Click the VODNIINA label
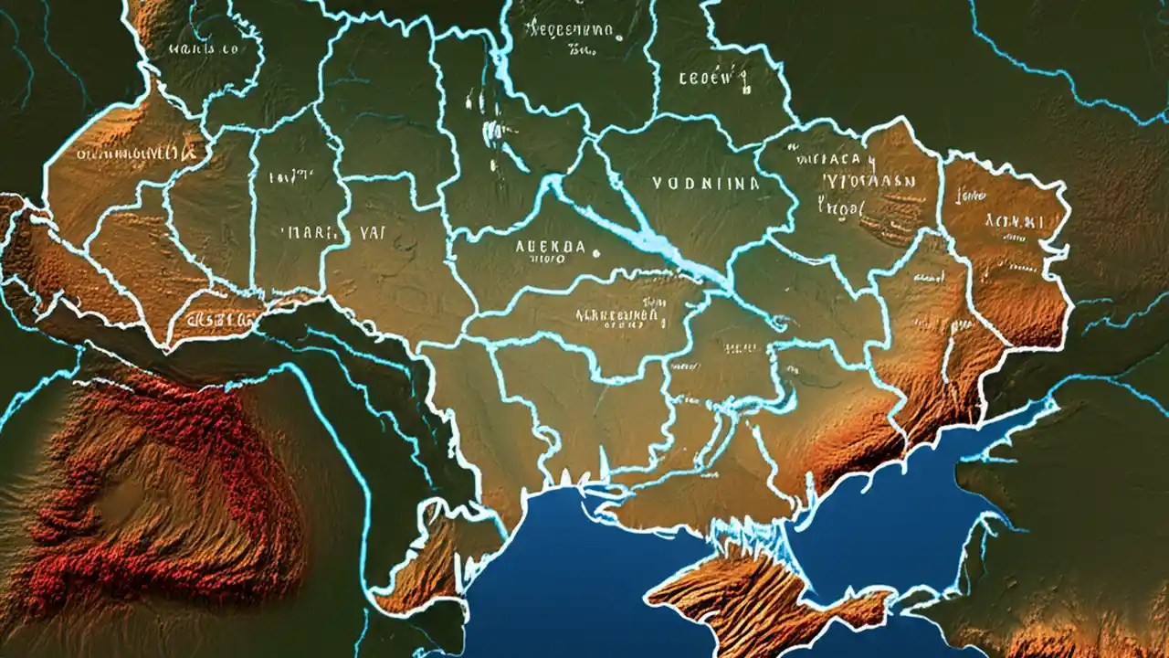pyautogui.click(x=706, y=183)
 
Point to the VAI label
pyautogui.click(x=370, y=232)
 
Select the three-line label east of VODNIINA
pyautogui.click(x=854, y=183)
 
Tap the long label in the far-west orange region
pyautogui.click(x=128, y=154)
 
